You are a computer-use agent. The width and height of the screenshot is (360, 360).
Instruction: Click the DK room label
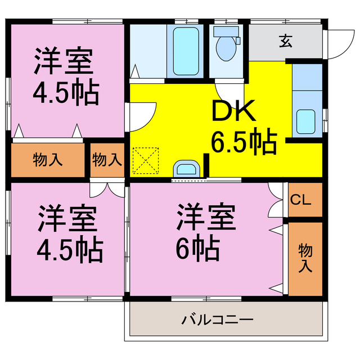pos(233,112)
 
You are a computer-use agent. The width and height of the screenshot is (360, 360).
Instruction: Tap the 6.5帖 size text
pos(244,142)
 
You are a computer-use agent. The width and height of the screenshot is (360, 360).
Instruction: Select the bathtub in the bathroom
pos(184,49)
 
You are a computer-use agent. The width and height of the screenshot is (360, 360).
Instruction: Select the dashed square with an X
pos(146,161)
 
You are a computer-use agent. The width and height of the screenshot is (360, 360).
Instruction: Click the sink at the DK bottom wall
pos(186,168)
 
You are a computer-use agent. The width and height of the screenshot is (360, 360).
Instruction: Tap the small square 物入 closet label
pos(107,159)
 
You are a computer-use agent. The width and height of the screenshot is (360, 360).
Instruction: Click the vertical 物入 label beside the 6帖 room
pos(305,257)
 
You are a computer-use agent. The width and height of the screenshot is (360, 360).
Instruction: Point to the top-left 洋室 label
pos(64,61)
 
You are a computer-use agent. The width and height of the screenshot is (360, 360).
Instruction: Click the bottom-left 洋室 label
pos(67,218)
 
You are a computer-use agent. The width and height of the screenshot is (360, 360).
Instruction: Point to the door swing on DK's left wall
pos(143,115)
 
